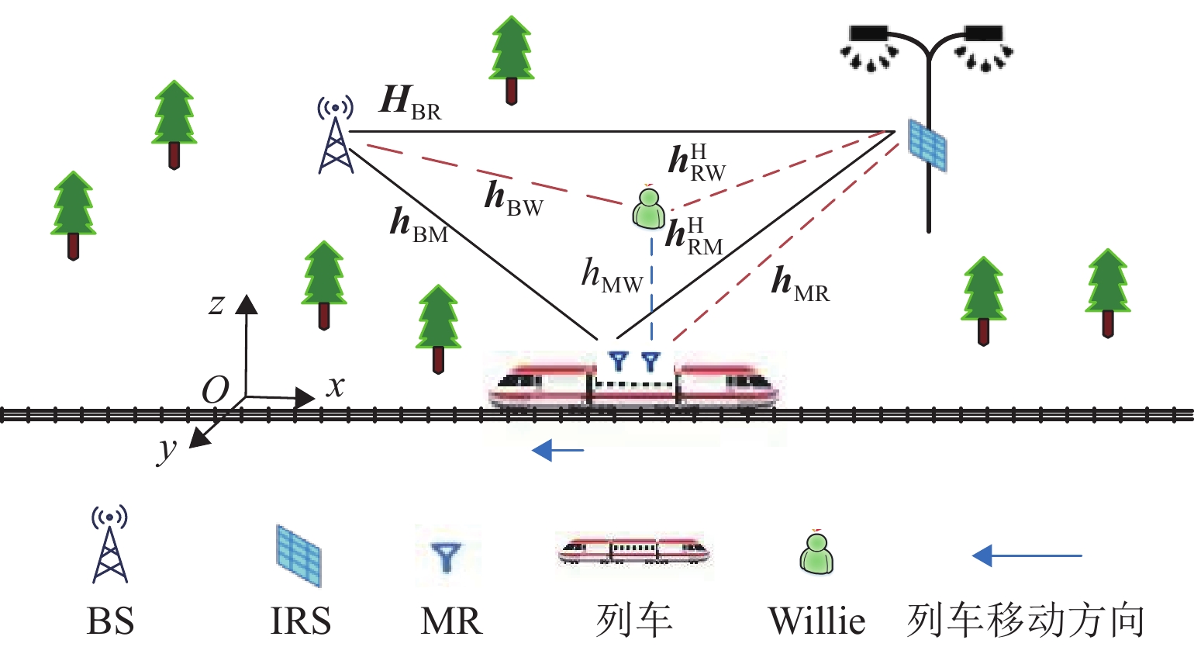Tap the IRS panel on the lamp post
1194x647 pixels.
click(927, 145)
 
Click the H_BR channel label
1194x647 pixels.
click(410, 103)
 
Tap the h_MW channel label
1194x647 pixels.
click(612, 276)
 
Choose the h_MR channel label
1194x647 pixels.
click(799, 284)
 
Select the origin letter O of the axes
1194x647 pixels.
click(216, 390)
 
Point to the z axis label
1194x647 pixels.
click(216, 303)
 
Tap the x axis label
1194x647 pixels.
click(335, 385)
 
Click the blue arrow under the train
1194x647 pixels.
click(557, 449)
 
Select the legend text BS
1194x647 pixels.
click(110, 621)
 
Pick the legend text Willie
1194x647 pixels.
click(816, 621)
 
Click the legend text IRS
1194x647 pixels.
click(300, 621)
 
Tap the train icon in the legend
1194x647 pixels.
click(633, 551)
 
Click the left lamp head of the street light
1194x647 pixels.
click(868, 35)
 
